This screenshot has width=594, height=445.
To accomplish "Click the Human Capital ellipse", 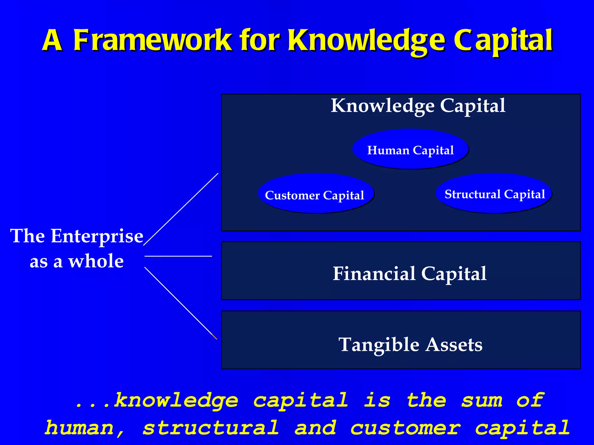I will pos(410,149).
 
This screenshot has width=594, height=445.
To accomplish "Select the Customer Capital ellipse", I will pos(316,194).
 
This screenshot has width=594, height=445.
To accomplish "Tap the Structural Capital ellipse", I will pos(494,194).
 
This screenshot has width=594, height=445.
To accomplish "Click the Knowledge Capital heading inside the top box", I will pos(418,106).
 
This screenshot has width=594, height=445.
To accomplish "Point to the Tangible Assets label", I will pos(410,344).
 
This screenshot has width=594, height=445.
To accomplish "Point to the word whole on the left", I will pos(96,261).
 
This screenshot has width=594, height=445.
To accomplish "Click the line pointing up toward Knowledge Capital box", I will pos(181,209).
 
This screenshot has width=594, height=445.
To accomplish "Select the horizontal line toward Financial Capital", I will pos(178,256).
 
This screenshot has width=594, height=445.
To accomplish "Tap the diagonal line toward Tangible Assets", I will pos(180,303).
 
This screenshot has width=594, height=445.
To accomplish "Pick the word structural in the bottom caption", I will pos(211,428).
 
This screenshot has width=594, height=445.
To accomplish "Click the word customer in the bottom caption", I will pos(405,428).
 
